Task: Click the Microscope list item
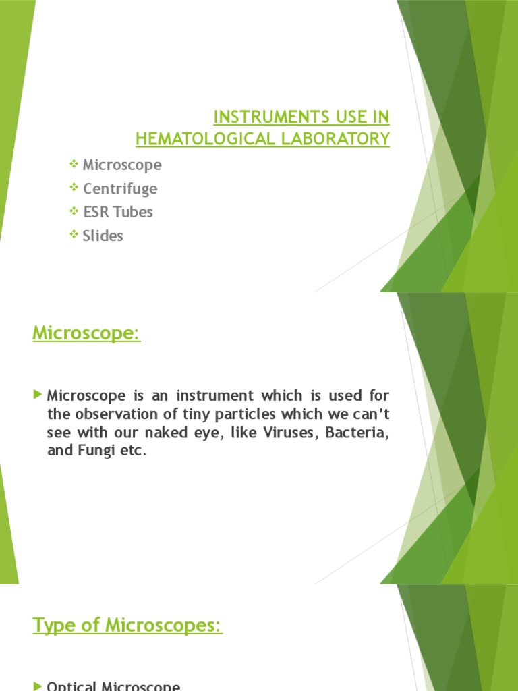tap(122, 165)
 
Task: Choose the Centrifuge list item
tap(119, 188)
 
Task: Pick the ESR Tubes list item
tap(117, 212)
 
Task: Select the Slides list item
tap(103, 236)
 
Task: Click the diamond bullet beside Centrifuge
tap(74, 188)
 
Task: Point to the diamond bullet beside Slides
tap(74, 235)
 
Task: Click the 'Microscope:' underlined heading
tap(86, 333)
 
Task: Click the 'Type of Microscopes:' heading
tap(127, 626)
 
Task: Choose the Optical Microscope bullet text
tap(113, 685)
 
